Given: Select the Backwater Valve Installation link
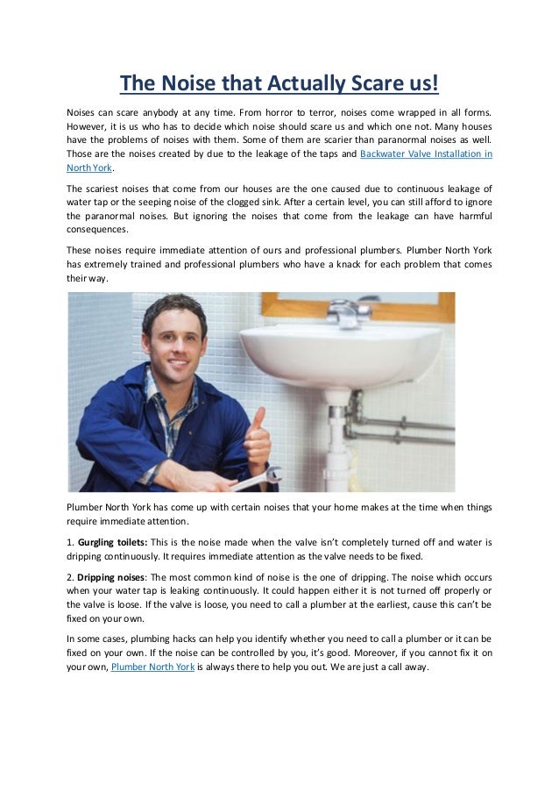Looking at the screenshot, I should coord(426,153).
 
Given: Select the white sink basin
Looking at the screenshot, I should coord(350,351).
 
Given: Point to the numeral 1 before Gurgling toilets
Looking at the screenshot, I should coord(69,542).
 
